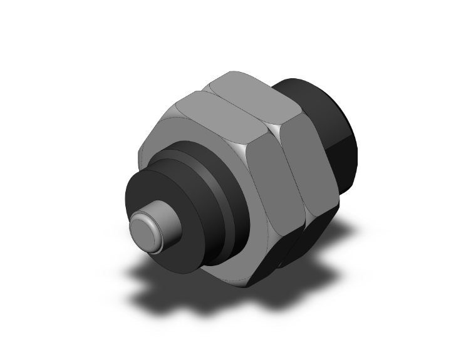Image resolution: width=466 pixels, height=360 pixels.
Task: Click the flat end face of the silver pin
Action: pyautogui.click(x=147, y=229)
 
